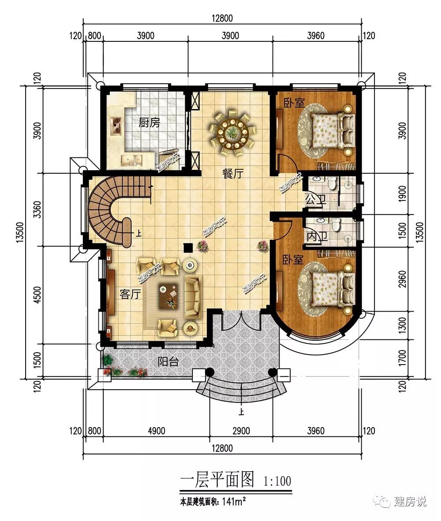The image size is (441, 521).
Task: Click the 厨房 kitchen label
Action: pos(149,123)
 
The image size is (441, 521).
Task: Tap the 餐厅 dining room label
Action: pos(233,173)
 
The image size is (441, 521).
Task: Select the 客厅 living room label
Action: pos(130,294)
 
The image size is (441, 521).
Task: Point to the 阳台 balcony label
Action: pos(168,361)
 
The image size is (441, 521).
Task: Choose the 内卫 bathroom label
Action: pos(317,236)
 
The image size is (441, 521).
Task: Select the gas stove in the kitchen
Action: pos(117,126)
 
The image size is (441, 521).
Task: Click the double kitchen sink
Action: pos(132,160)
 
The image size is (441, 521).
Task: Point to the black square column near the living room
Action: pos(188,248)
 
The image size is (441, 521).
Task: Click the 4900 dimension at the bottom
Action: pos(157,431)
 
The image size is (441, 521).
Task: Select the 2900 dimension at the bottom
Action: pos(241,431)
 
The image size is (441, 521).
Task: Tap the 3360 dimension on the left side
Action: pos(38,209)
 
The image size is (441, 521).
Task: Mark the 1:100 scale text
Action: pos(277,481)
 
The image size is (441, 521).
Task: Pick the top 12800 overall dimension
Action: pos(222,18)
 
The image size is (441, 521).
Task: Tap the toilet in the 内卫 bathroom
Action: pos(336,225)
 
